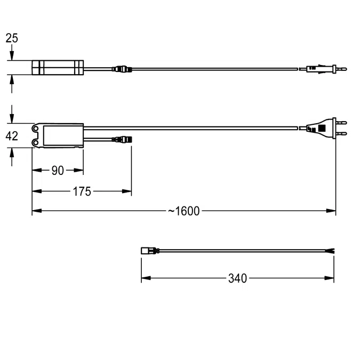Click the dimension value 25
point(12,38)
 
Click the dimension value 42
point(12,136)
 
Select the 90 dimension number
point(58,170)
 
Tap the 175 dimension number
point(82,191)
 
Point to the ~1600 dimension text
point(184,211)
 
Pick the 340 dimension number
point(238,278)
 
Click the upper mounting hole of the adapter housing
point(35,129)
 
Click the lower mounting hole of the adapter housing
point(35,143)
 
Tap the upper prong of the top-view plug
point(341,123)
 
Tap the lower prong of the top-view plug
point(341,133)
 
